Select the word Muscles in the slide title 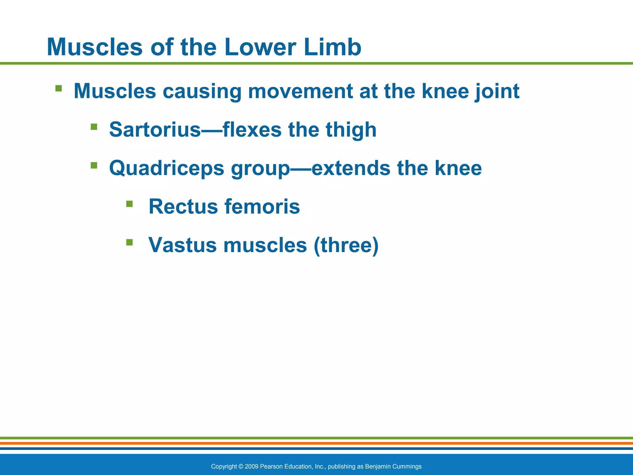95,47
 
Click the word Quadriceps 167,169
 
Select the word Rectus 183,206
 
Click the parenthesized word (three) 346,245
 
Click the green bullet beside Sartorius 94,127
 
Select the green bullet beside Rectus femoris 130,204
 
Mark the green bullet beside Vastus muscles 130,242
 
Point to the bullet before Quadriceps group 94,165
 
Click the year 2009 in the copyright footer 252,466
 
